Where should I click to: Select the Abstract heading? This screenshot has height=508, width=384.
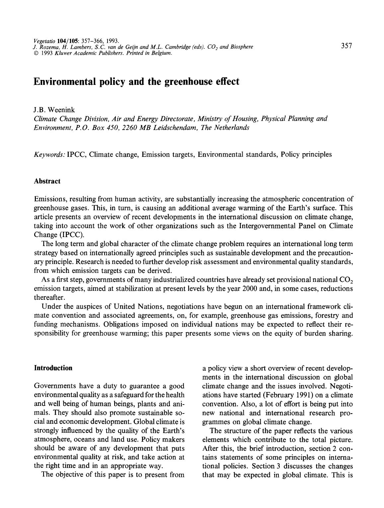47,181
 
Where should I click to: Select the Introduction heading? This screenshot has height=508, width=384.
53,368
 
